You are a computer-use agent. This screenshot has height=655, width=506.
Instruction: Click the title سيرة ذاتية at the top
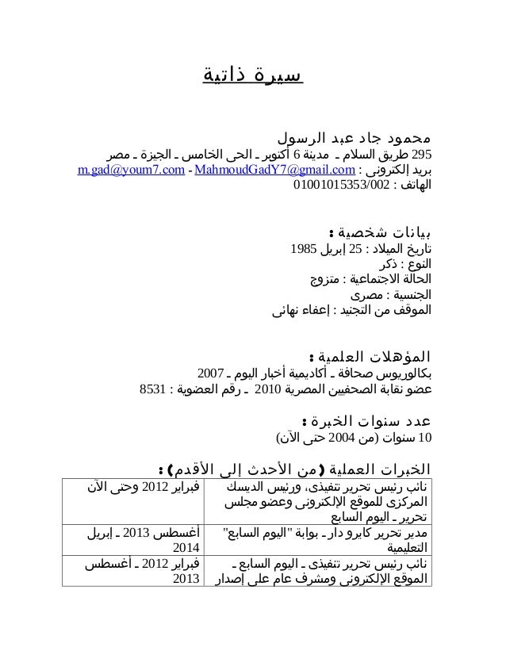coord(252,77)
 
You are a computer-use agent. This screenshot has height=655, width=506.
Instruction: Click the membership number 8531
coord(151,390)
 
